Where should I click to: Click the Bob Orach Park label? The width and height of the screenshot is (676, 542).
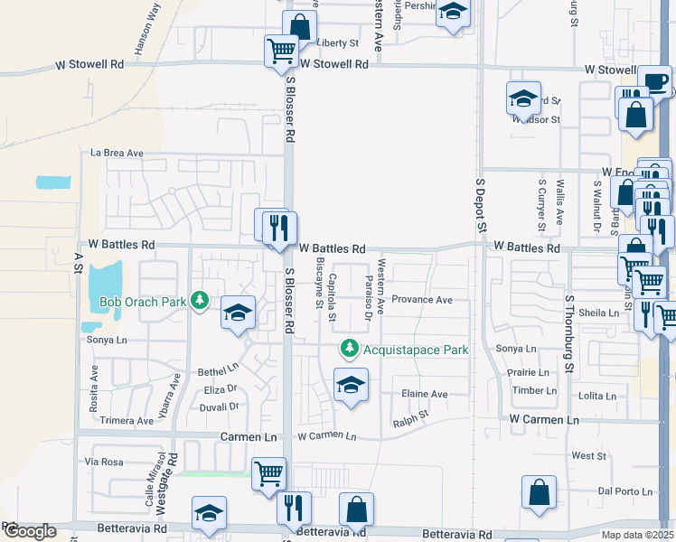pyautogui.click(x=142, y=301)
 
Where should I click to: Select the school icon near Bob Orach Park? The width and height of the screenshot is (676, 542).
pyautogui.click(x=238, y=313)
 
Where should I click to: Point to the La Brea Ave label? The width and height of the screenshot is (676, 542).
pyautogui.click(x=117, y=154)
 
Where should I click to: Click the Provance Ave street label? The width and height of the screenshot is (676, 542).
pyautogui.click(x=422, y=300)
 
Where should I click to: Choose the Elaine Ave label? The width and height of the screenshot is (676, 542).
pyautogui.click(x=425, y=394)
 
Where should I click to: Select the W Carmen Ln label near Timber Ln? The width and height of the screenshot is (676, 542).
pyautogui.click(x=544, y=421)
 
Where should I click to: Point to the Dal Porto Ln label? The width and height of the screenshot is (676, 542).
pyautogui.click(x=625, y=491)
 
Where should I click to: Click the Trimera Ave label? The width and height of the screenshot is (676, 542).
pyautogui.click(x=126, y=421)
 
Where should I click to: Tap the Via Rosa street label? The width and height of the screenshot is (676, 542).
pyautogui.click(x=103, y=462)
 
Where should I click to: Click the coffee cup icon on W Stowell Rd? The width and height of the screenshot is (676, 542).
pyautogui.click(x=656, y=79)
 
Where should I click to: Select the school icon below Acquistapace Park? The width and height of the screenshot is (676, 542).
pyautogui.click(x=351, y=385)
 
